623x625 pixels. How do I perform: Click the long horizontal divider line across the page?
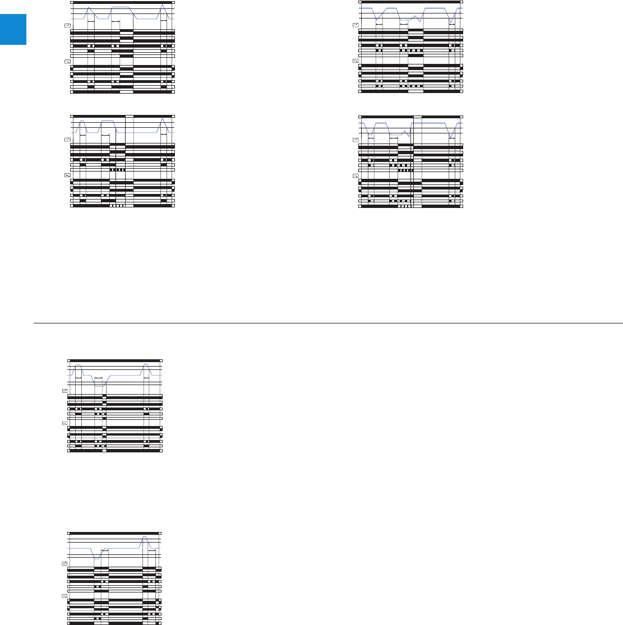328,323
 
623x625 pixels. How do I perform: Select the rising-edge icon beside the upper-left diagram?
67,26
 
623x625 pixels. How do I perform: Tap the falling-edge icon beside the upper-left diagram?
67,62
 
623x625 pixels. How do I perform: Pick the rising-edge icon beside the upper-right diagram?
356,25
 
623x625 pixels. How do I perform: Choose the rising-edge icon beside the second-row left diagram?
67,139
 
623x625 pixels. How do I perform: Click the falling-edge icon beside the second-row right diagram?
356,175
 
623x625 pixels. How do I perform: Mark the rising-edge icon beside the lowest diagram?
64,562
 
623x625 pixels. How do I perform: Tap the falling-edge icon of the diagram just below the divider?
64,424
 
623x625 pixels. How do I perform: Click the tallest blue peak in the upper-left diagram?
162,5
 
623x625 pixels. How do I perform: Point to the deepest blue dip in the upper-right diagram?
451,24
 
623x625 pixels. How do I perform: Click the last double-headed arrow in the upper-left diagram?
164,21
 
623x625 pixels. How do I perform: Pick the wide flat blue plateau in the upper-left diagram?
121,7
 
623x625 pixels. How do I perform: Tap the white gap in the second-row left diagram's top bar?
129,115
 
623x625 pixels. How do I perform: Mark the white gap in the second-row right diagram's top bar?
417,115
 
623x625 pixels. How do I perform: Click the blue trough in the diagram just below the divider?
99,385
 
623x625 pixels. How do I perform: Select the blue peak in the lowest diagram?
144,537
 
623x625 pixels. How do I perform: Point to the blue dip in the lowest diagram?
96,558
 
